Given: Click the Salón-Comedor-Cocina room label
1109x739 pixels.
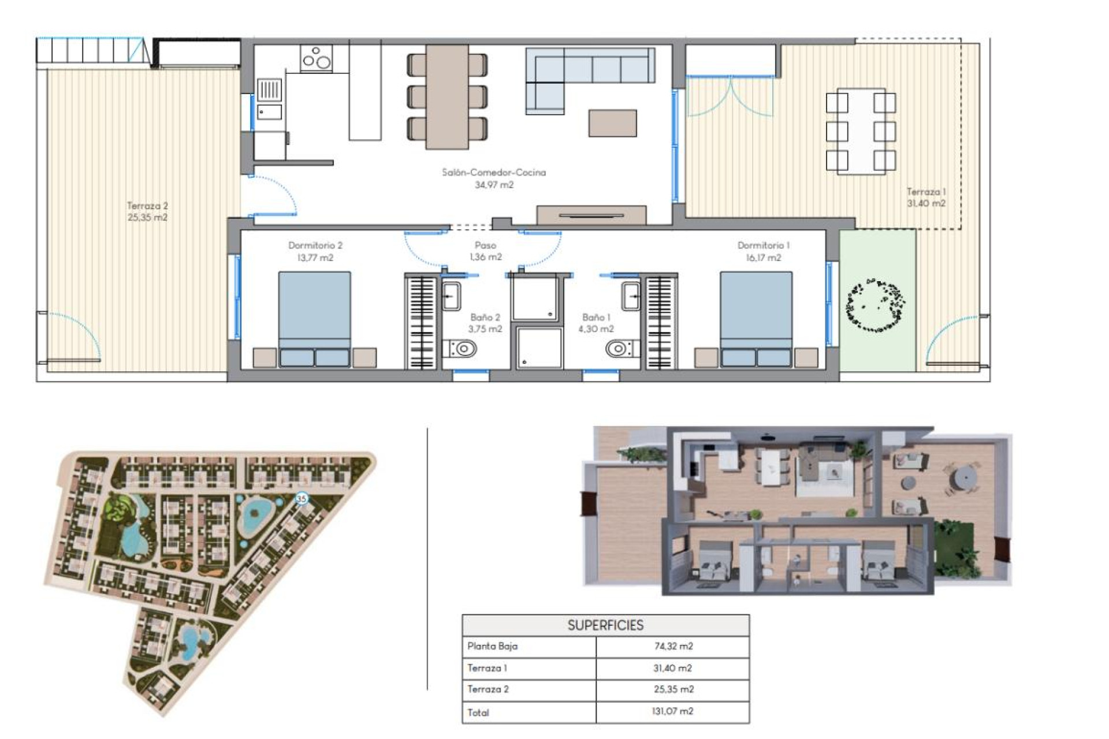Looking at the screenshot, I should pos(493,172).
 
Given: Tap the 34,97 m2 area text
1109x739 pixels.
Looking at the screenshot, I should pos(493,185).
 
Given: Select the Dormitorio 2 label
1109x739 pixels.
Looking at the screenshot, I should pos(315,245).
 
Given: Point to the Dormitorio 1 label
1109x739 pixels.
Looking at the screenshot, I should pos(763,245).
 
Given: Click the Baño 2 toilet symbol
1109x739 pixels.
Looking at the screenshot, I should pos(461,349).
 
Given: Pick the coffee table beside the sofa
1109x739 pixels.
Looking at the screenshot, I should pos(612,123).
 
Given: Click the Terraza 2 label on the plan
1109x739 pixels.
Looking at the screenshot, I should pos(147,206).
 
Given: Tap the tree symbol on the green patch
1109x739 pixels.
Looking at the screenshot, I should pos(875,305).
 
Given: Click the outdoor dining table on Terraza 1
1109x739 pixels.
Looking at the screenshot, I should pos(861,131).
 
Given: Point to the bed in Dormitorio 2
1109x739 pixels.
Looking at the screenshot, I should pos(315,318).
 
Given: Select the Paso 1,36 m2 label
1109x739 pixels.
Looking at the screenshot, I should pos(485,251).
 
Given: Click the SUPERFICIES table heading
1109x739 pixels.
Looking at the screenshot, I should pos(605,625).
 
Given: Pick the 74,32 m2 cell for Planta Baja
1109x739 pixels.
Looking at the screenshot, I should pos(673,646).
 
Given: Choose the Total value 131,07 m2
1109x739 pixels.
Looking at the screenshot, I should pos(672,711).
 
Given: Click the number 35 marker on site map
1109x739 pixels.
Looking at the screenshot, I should pos(301,498).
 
